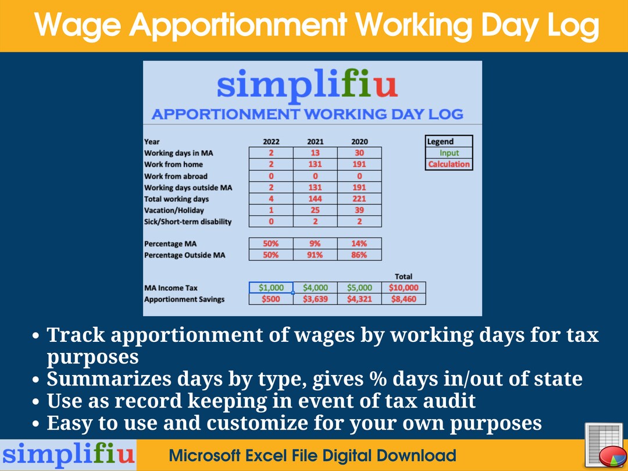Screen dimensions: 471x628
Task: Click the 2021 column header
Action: pyautogui.click(x=315, y=141)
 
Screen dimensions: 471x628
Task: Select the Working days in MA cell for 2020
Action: pyautogui.click(x=359, y=153)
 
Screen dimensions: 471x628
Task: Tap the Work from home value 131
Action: pyautogui.click(x=315, y=165)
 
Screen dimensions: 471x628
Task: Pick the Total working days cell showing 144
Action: pyautogui.click(x=315, y=199)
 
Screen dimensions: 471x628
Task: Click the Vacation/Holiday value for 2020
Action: pyautogui.click(x=359, y=210)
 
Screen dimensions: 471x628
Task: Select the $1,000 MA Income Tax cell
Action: pyautogui.click(x=271, y=288)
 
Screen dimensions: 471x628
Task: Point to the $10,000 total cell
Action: pyautogui.click(x=404, y=288)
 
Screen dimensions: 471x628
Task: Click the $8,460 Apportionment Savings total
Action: pyautogui.click(x=404, y=299)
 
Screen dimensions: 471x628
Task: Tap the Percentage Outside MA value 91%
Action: pyautogui.click(x=315, y=255)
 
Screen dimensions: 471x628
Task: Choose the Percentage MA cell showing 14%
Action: pyautogui.click(x=359, y=244)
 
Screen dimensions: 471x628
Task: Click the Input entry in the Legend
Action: pyautogui.click(x=449, y=153)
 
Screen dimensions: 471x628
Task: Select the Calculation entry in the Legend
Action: pyautogui.click(x=449, y=164)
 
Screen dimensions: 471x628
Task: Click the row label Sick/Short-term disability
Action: pyautogui.click(x=188, y=222)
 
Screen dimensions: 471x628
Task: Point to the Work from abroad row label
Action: pyautogui.click(x=176, y=176)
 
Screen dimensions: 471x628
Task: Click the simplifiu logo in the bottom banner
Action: pyautogui.click(x=68, y=455)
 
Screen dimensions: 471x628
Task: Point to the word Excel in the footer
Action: pyautogui.click(x=284, y=455)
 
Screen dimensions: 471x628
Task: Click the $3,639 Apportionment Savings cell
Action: pyautogui.click(x=315, y=299)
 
